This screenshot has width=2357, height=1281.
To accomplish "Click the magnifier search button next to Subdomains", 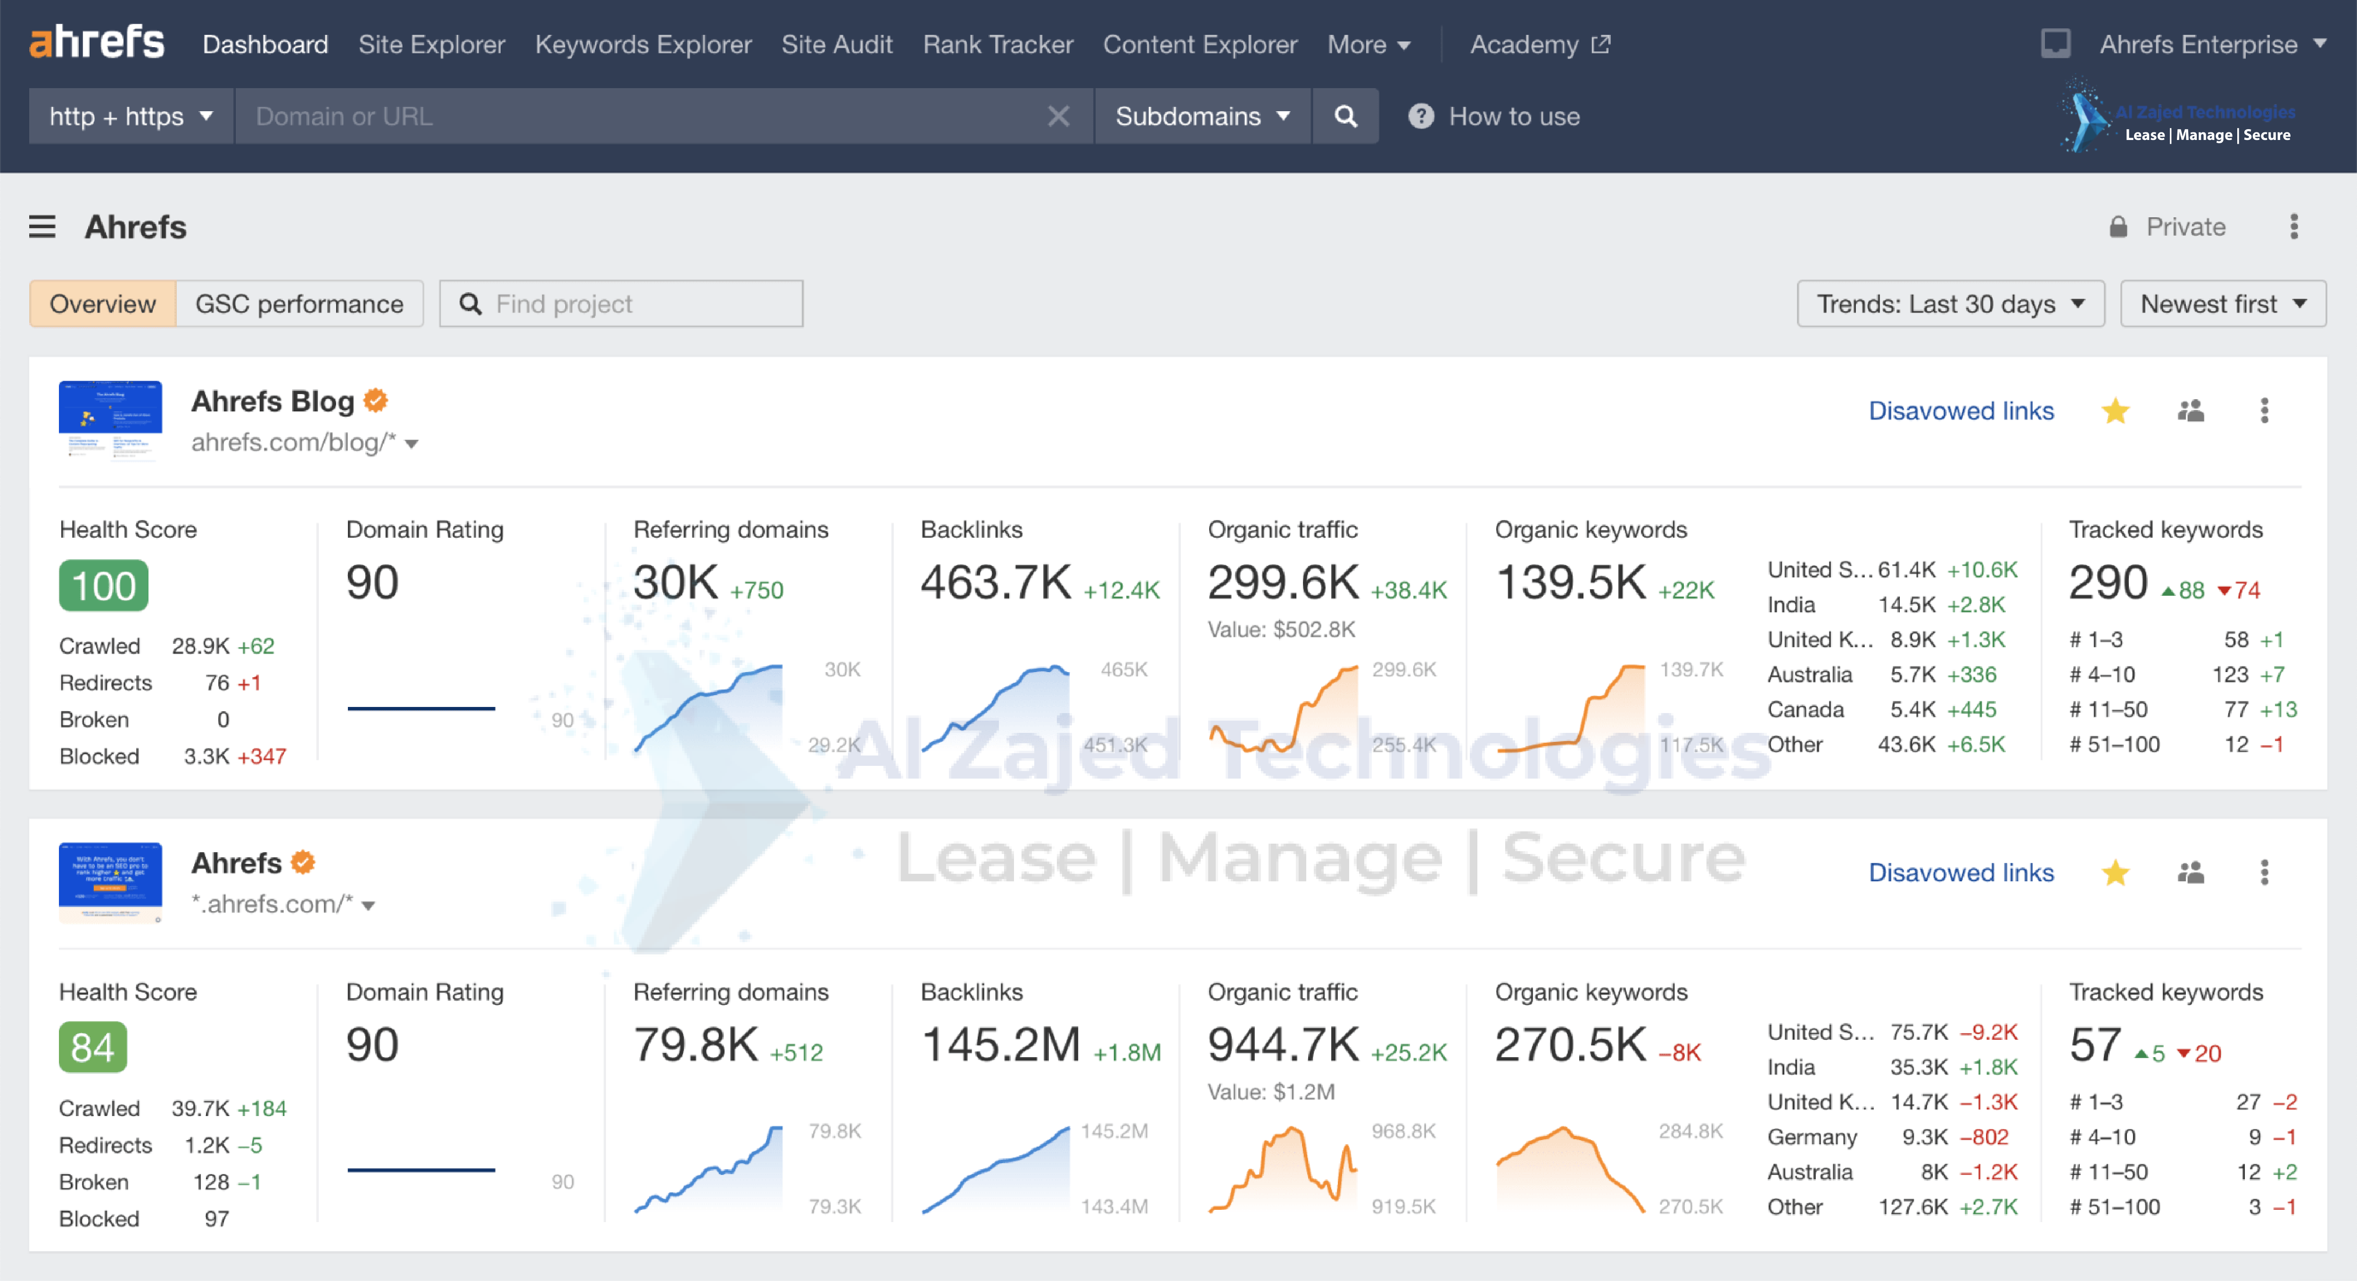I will tap(1345, 116).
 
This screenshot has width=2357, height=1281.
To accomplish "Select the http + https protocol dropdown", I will tap(131, 116).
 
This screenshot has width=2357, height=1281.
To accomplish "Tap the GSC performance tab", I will tap(299, 304).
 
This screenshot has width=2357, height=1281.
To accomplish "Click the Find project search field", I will tap(631, 304).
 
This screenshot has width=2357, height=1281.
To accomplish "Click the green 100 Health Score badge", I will tap(103, 586).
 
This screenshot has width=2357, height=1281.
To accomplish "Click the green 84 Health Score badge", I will tap(92, 1048).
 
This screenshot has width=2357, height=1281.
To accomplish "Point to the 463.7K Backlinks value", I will tap(996, 583).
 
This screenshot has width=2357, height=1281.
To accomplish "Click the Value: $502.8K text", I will tap(1281, 630).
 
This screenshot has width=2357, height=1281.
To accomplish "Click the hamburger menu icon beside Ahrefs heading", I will tap(42, 227).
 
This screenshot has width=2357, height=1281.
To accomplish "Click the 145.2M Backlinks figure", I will tap(1000, 1045).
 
